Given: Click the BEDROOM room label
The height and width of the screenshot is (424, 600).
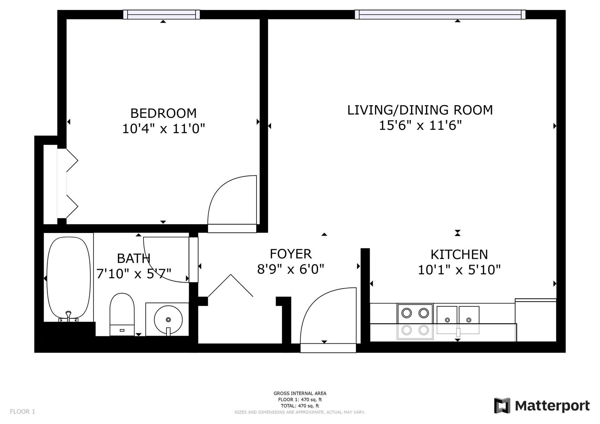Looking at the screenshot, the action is tap(163, 113).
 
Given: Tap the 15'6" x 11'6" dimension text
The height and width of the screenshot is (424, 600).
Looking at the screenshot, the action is tap(420, 126).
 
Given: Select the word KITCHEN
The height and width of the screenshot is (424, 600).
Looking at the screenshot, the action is tap(459, 254).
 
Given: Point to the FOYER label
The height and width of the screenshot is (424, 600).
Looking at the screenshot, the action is tap(291, 254).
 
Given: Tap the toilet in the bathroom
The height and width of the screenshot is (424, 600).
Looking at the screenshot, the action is tap(122, 314).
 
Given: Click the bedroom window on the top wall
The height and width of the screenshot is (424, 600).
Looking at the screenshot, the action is tap(162, 14).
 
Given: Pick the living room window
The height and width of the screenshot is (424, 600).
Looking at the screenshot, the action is tap(440, 14).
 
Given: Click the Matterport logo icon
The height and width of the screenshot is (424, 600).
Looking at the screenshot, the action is tap(502, 406).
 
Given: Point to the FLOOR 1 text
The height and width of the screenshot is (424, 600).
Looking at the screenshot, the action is tap(22, 412).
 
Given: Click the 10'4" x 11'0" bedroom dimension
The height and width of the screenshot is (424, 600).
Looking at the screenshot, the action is tap(163, 129).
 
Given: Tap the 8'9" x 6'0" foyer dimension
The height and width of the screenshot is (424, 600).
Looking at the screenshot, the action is tap(291, 269).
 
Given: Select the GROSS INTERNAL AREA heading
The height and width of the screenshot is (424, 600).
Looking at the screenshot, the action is tap(300, 393).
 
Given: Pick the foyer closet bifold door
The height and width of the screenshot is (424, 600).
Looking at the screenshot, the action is tap(231, 285).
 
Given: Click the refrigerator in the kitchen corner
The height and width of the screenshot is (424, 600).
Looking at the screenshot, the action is tap(536, 320).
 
